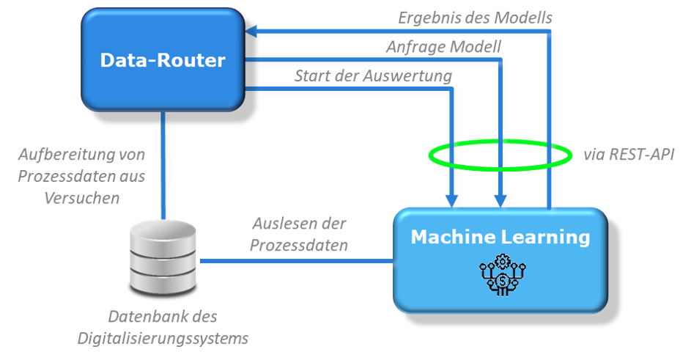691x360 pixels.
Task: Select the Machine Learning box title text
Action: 500,238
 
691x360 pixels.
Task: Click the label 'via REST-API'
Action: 629,155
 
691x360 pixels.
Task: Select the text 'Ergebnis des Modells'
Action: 475,17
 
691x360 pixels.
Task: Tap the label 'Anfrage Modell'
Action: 443,47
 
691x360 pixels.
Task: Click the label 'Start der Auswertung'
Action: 373,76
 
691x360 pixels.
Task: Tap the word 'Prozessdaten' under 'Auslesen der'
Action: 298,245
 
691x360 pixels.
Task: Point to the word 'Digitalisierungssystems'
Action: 163,339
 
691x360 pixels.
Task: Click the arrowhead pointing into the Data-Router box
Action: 251,32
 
